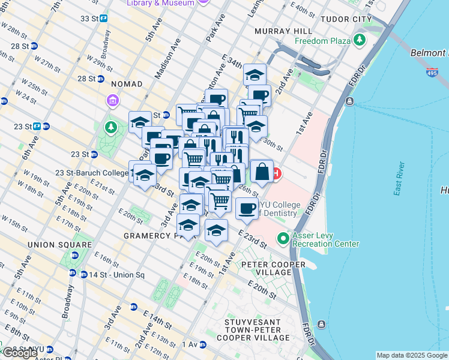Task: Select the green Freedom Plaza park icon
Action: pos(360,41)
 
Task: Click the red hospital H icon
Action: pos(276,175)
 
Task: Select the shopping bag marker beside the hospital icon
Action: pos(262,172)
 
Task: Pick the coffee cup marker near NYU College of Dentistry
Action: pos(247,208)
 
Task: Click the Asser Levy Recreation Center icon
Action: pos(284,238)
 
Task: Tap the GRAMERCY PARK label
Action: pos(156,236)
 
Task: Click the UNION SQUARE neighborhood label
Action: pos(59,245)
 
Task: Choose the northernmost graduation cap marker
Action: pos(255,76)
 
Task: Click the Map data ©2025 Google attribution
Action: pos(412,355)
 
